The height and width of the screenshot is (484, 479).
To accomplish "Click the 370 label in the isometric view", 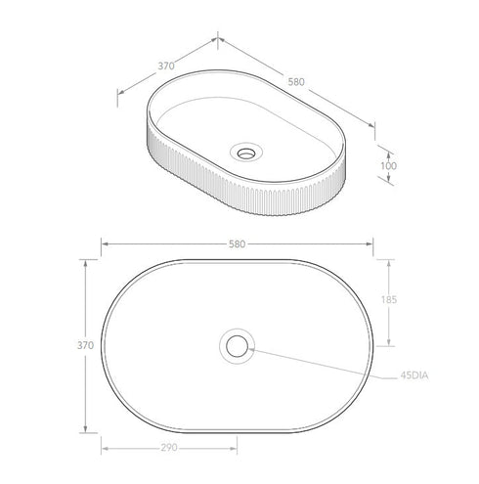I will pos(165,66).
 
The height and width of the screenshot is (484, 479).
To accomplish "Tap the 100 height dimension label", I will pos(390,167).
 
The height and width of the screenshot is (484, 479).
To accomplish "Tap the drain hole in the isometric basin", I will pos(247,152).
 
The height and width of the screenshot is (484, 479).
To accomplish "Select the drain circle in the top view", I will pos(237,345).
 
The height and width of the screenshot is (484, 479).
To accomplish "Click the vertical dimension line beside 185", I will pos(392,302).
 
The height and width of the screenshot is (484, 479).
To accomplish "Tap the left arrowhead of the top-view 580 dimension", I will pos(105,243).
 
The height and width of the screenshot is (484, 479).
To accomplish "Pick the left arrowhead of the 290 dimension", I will pos(105,450).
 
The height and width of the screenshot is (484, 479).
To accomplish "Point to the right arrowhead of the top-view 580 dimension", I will pos(373,243).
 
